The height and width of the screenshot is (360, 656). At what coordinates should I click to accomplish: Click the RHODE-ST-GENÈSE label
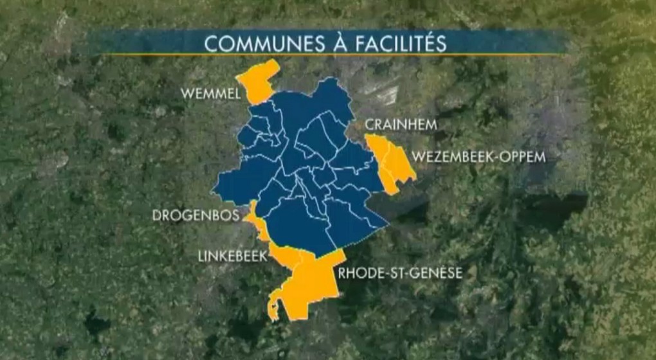400,273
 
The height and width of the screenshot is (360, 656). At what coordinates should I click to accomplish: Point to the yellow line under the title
328,55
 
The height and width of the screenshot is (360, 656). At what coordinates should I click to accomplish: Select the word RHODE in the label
358,273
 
